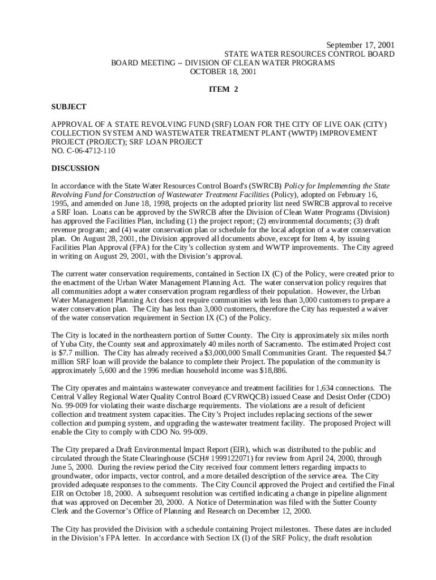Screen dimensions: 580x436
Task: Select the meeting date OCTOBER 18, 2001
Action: coord(223,72)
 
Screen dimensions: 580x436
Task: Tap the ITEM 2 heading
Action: coord(223,89)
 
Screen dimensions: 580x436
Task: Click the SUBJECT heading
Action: coord(69,107)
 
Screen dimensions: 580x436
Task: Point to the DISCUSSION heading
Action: coord(75,168)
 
